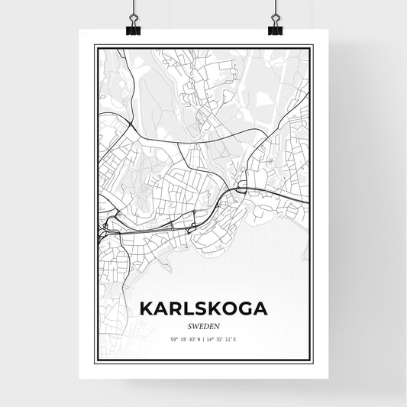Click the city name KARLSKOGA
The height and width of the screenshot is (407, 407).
pos(203,309)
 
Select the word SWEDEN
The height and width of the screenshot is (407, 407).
pos(203,325)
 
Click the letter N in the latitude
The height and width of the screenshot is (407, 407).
pos(198,339)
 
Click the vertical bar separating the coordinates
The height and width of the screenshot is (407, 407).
pos(203,339)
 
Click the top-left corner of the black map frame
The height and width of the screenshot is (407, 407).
pos(95,46)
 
